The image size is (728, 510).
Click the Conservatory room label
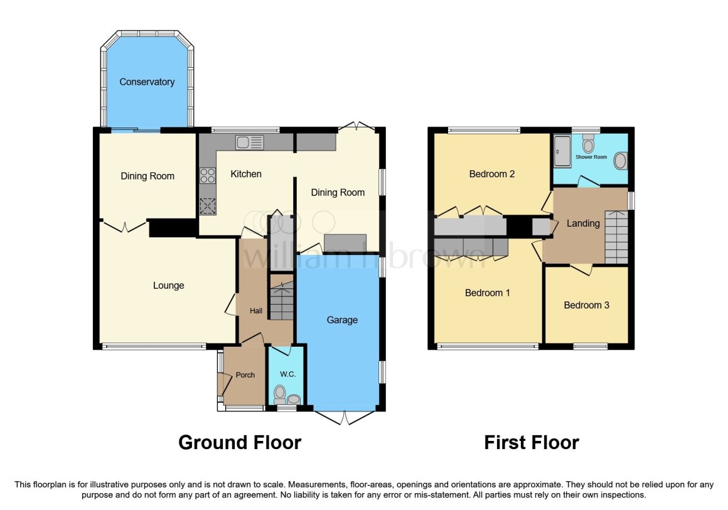tap(147, 82)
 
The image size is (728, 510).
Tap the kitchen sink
tap(250, 143)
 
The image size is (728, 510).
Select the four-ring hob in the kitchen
tap(207, 175)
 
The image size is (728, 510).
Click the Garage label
tap(342, 320)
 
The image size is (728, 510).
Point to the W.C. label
tap(287, 374)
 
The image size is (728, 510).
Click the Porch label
tap(245, 375)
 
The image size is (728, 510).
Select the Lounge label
tap(169, 286)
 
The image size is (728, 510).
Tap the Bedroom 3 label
tap(586, 305)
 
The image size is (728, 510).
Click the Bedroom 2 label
tap(492, 174)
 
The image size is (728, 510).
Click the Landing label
tap(583, 223)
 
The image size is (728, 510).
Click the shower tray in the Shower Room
tap(562, 151)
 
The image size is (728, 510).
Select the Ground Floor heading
tap(240, 442)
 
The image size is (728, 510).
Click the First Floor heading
tap(531, 442)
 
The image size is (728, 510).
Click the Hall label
tap(256, 311)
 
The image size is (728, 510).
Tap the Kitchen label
tap(245, 174)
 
